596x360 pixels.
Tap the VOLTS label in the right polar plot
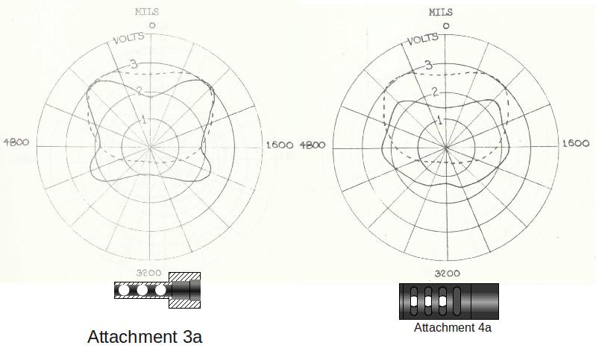(423, 38)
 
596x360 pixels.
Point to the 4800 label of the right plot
(313, 144)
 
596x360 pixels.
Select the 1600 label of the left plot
(280, 145)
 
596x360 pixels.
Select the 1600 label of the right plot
(575, 143)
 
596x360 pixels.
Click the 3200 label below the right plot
(447, 274)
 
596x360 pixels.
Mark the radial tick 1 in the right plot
(440, 120)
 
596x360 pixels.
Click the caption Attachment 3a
(145, 337)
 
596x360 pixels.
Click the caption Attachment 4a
(453, 327)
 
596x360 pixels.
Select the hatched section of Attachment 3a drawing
(186, 290)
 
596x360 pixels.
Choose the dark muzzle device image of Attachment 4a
(448, 301)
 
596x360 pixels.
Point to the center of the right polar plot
(446, 147)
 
